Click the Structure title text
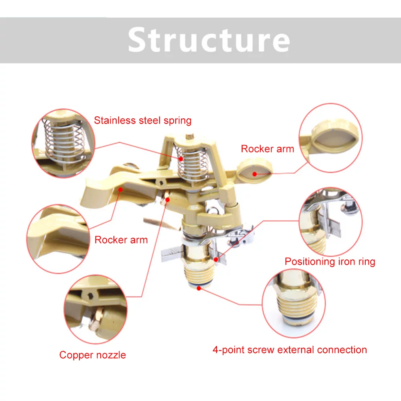[x=209, y=40]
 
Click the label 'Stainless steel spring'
[x=143, y=120]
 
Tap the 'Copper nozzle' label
[x=93, y=355]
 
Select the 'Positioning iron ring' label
[x=330, y=262]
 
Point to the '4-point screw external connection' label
[x=290, y=350]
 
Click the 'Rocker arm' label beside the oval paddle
[x=267, y=149]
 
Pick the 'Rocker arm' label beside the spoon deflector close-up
[x=121, y=240]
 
